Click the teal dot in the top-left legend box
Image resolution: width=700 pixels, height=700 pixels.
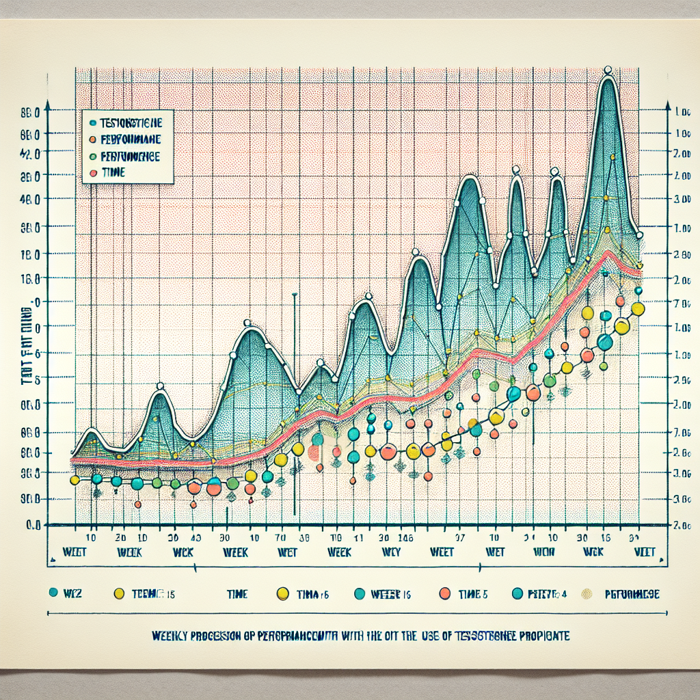tap(92, 123)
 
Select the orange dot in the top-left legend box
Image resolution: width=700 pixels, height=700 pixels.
tap(92, 139)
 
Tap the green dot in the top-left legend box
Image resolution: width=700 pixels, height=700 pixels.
tap(92, 157)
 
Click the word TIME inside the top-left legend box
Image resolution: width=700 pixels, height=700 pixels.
tap(113, 173)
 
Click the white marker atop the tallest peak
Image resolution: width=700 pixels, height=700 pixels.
tap(608, 69)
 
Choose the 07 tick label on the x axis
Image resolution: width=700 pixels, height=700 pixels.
tap(459, 537)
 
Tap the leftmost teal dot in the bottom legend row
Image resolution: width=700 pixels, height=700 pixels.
tap(53, 593)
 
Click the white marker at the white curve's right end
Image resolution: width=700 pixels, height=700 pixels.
tap(640, 235)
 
